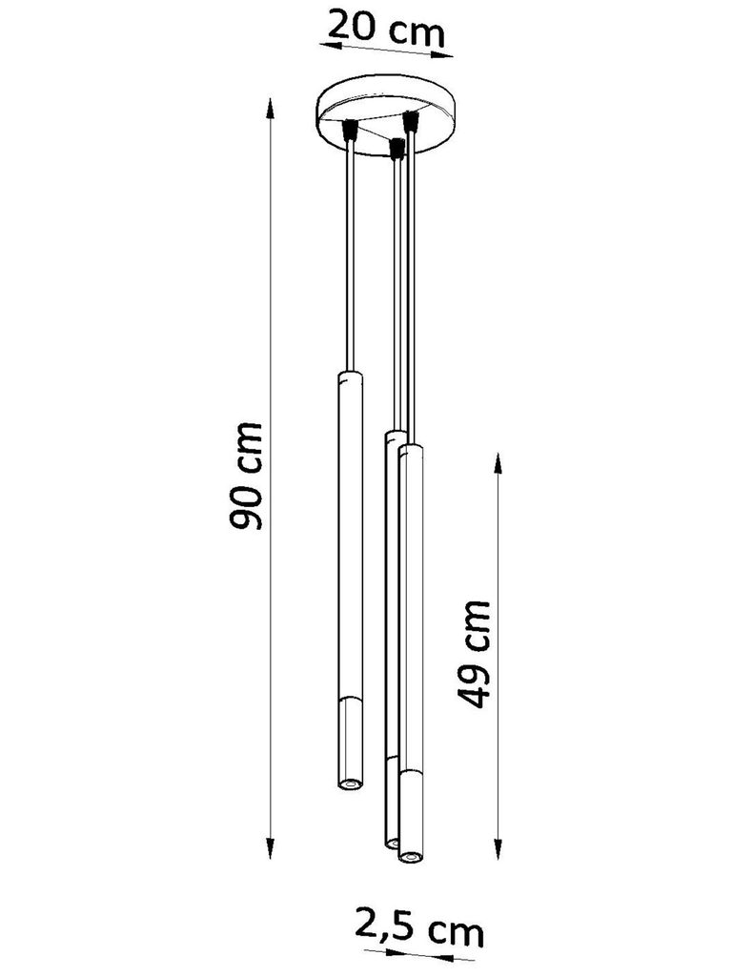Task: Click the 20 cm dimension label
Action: pyautogui.click(x=386, y=28)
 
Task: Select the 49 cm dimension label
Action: pyautogui.click(x=474, y=654)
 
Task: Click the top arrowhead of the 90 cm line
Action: pyautogui.click(x=271, y=109)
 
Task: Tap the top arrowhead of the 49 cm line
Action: pyautogui.click(x=498, y=465)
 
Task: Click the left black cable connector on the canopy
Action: pyautogui.click(x=351, y=129)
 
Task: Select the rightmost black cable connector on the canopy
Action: pyautogui.click(x=410, y=121)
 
